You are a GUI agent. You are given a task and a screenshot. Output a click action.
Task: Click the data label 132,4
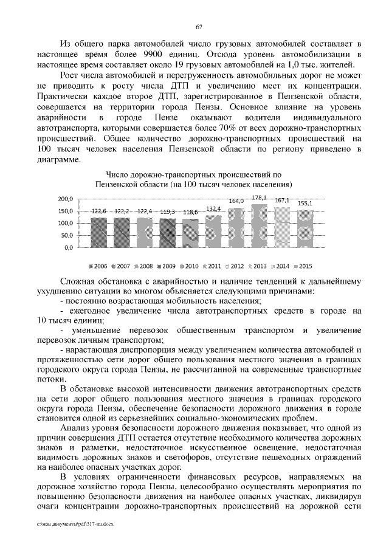(213, 208)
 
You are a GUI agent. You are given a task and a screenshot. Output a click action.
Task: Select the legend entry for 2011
(211, 266)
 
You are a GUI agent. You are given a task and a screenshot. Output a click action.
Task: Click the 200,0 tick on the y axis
(65, 199)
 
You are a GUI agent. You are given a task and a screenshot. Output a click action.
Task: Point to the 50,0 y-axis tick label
(66, 235)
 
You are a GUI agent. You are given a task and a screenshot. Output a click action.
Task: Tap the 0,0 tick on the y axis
(68, 247)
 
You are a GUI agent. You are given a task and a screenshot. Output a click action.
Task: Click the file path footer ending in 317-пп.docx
(67, 523)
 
